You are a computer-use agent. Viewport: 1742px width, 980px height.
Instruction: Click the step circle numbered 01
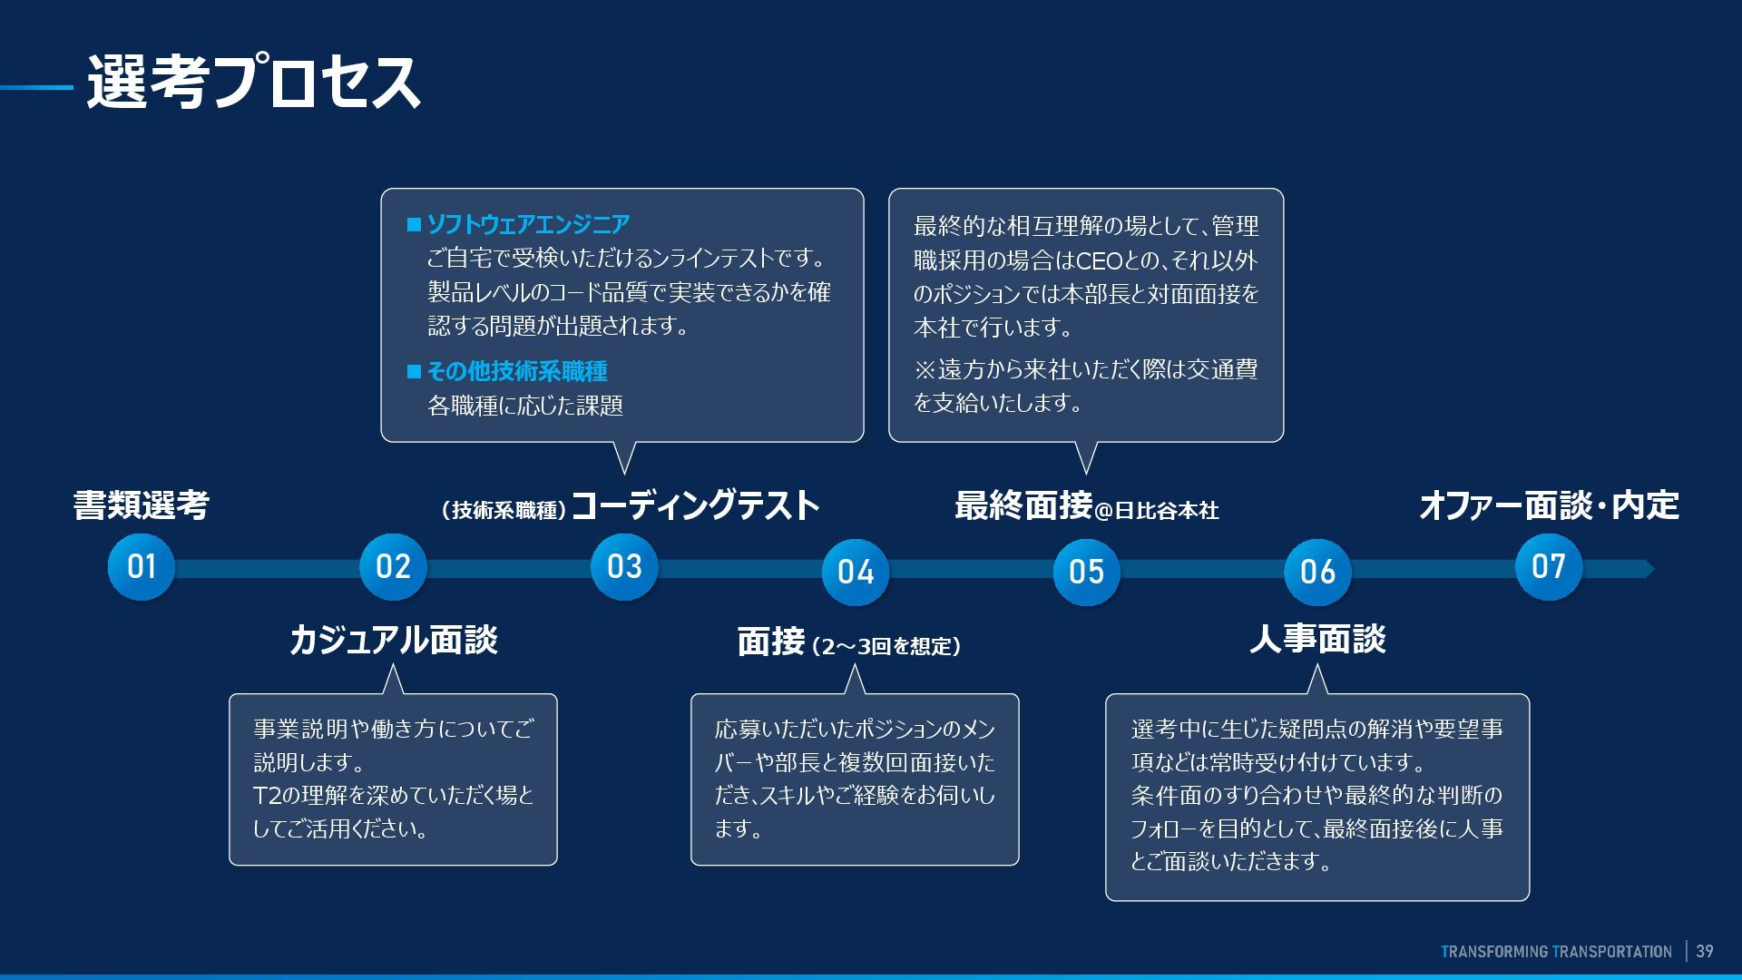142,567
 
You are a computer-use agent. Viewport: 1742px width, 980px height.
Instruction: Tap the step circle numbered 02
393,567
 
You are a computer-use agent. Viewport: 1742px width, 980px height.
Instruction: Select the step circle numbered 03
624,567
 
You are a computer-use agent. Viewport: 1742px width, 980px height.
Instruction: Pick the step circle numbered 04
855,572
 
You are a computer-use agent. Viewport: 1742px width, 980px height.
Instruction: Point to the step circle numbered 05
1086,572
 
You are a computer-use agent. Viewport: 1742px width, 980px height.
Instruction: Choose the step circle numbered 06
1317,572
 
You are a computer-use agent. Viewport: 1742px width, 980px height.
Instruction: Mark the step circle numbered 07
1548,567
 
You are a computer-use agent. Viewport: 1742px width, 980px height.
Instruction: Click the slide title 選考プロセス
253,83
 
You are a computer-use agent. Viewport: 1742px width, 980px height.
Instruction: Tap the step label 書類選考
142,505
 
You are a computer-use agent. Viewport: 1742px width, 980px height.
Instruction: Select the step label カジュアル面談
393,640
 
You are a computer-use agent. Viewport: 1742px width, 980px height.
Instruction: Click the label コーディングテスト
695,505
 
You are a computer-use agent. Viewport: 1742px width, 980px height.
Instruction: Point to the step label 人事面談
1317,639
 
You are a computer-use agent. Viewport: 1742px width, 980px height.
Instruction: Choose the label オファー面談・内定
1548,505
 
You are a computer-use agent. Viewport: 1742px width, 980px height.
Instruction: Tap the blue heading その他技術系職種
517,371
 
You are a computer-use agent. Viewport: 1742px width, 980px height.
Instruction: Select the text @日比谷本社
1157,511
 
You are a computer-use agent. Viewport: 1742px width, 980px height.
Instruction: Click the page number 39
1705,951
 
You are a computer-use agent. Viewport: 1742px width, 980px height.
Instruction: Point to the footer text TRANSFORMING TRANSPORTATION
1556,952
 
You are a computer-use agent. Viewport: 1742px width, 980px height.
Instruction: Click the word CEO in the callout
1100,261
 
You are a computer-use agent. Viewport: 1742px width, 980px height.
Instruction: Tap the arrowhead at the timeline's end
1648,569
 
